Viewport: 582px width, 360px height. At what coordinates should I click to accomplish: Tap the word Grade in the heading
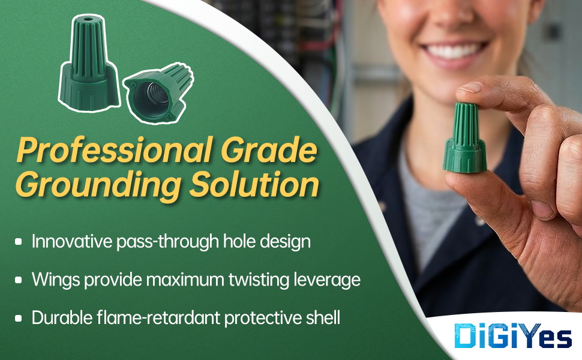269,150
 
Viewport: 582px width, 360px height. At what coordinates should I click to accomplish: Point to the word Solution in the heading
254,184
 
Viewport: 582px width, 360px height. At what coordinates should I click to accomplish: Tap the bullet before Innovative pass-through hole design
18,242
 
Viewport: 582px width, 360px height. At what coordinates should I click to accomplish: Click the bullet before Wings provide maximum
18,280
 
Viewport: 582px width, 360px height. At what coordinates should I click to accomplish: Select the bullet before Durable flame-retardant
18,319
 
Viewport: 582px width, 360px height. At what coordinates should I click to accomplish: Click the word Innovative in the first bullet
71,241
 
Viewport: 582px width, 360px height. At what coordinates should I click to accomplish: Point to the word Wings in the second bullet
56,280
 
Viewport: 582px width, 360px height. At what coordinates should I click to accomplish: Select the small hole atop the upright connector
88,18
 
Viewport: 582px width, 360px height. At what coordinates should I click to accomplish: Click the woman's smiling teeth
453,51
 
